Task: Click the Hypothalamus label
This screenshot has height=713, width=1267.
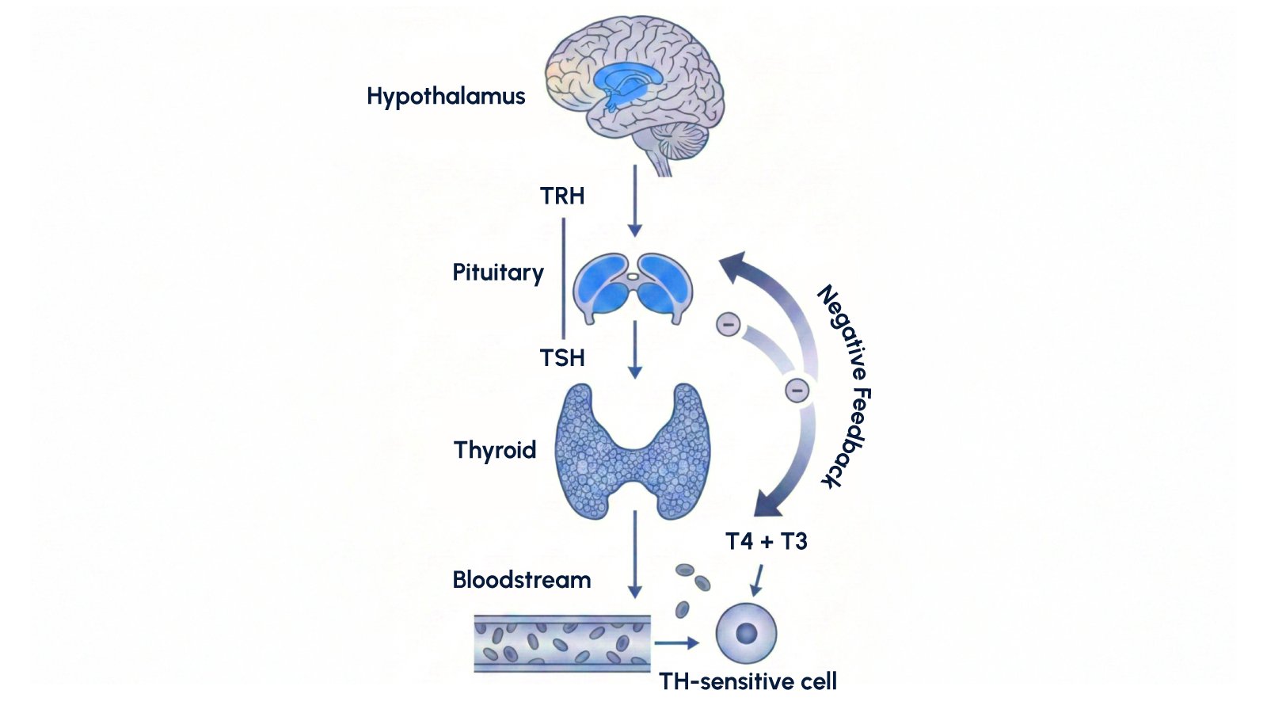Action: point(446,97)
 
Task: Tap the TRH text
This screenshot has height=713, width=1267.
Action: point(562,196)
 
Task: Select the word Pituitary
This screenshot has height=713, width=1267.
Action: point(498,273)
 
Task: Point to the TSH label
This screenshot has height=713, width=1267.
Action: point(562,358)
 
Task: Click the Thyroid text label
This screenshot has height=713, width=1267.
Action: point(495,450)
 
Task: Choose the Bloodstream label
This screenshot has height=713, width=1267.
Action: point(522,580)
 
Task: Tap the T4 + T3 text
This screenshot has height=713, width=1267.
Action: point(767,541)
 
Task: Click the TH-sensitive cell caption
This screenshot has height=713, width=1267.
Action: point(748,681)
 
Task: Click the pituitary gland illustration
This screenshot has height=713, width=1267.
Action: point(633,288)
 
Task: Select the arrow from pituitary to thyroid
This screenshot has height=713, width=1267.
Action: point(634,349)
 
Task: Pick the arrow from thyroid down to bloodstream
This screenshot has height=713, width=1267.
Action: point(634,554)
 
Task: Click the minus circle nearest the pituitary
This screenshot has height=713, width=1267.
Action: point(728,324)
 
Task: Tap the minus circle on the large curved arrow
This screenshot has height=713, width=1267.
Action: point(797,390)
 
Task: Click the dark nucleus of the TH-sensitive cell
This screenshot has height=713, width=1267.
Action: point(746,633)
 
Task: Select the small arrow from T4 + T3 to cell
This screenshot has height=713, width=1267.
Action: point(758,580)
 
